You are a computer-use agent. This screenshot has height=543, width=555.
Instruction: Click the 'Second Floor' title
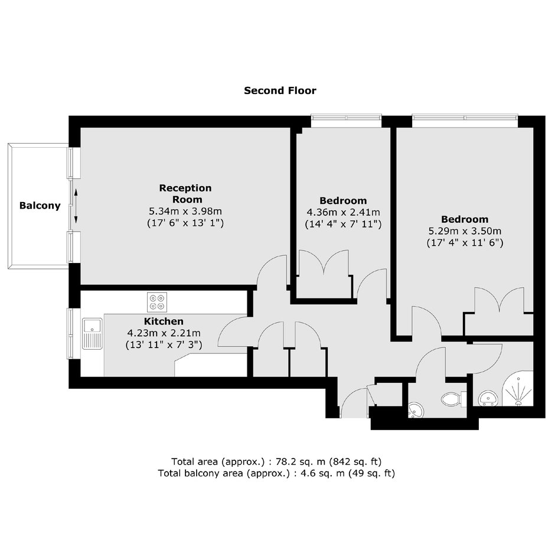280,90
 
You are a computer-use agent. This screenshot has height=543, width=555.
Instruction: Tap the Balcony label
40,206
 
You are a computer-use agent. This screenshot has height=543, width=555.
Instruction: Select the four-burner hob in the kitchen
157,302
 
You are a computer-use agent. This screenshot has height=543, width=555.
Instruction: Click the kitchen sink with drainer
92,334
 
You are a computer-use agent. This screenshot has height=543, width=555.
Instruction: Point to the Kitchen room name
164,321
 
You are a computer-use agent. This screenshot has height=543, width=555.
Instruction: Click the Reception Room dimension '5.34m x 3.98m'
185,212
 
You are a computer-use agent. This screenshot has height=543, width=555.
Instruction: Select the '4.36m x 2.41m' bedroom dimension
343,213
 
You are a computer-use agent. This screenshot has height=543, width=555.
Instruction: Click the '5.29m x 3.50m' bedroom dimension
465,231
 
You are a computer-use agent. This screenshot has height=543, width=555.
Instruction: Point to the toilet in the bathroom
453,399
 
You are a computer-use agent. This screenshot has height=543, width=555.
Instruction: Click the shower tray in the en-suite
518,389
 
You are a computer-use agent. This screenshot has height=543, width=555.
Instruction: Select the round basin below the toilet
416,410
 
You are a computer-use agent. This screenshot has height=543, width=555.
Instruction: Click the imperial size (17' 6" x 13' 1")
185,223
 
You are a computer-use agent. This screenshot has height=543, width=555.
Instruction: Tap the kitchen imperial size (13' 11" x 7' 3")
164,344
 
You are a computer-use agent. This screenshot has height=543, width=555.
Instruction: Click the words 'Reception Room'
185,194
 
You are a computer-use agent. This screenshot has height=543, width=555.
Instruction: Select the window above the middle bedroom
346,120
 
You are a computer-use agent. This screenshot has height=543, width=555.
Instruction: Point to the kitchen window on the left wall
74,334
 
